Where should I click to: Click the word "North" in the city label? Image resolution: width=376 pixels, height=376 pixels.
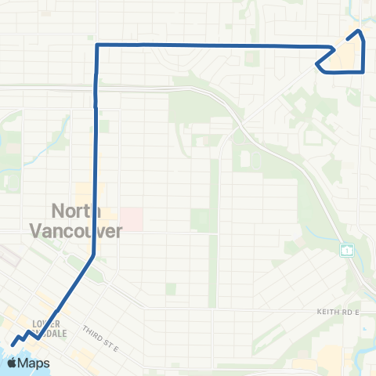[x=74, y=211]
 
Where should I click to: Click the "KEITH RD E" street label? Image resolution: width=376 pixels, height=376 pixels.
[x=341, y=312]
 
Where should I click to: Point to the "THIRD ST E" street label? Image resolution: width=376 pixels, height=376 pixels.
[x=99, y=326]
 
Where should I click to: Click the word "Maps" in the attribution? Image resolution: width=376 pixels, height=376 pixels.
[x=34, y=363]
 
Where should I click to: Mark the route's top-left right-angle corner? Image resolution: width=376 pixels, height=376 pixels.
[x=96, y=45]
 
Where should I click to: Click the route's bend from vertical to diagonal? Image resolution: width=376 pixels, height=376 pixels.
[x=94, y=254]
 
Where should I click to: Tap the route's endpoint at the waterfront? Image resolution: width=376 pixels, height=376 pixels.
[x=13, y=344]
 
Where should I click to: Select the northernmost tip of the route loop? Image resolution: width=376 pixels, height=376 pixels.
[x=360, y=31]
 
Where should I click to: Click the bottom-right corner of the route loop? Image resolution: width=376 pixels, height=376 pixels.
[x=364, y=71]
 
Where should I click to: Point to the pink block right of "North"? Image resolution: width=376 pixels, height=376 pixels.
[x=131, y=219]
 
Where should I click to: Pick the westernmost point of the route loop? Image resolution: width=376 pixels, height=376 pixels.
[x=316, y=65]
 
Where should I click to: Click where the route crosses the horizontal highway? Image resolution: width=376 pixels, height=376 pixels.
[x=96, y=88]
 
